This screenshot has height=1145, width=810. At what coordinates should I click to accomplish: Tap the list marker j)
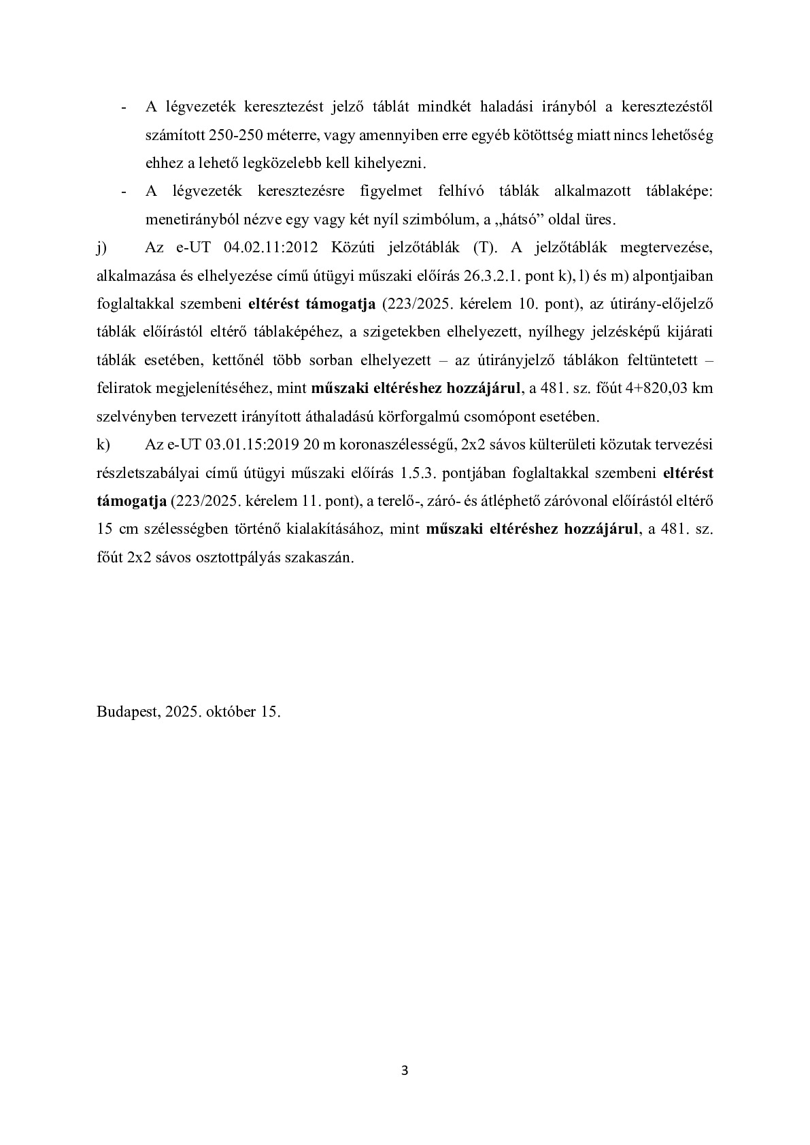pyautogui.click(x=102, y=247)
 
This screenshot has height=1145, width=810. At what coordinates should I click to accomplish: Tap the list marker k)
pyautogui.click(x=103, y=445)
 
